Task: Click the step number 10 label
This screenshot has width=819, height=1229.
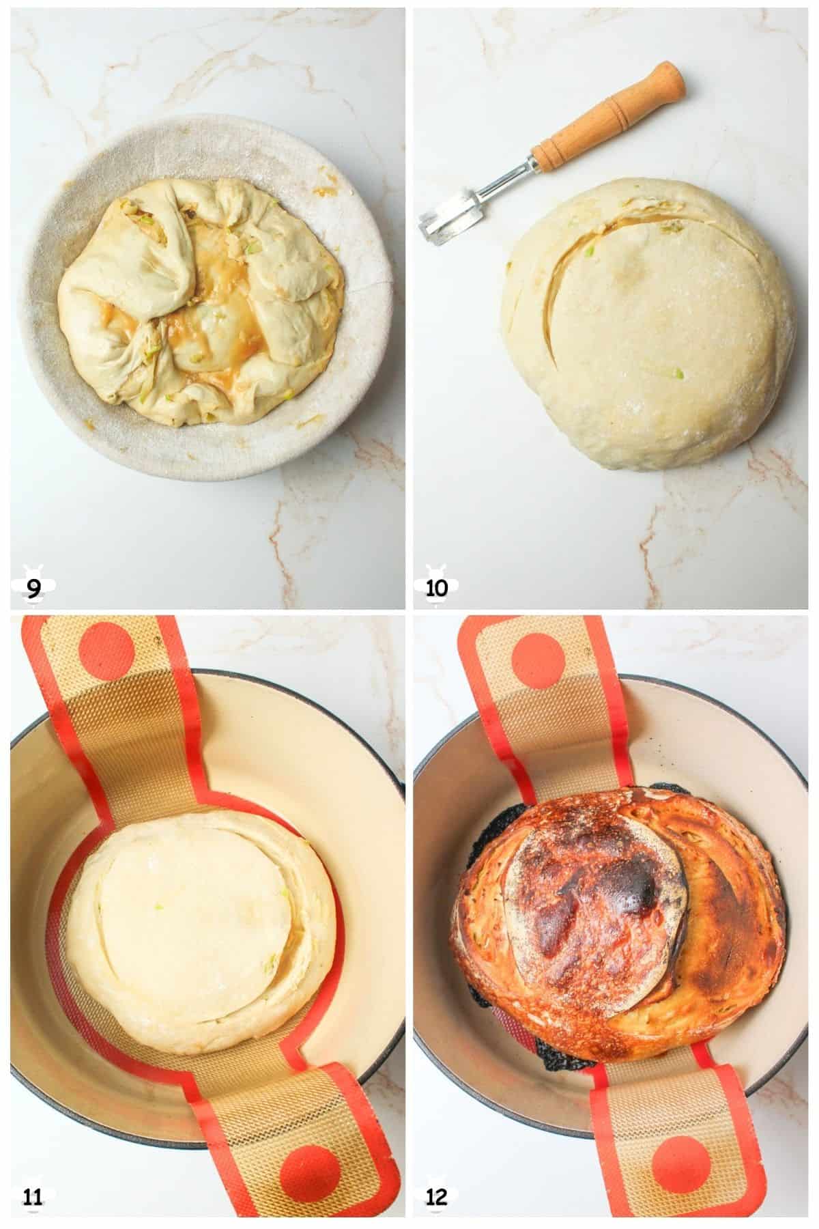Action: click(437, 587)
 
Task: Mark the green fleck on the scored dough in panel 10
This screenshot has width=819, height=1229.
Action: click(676, 373)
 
